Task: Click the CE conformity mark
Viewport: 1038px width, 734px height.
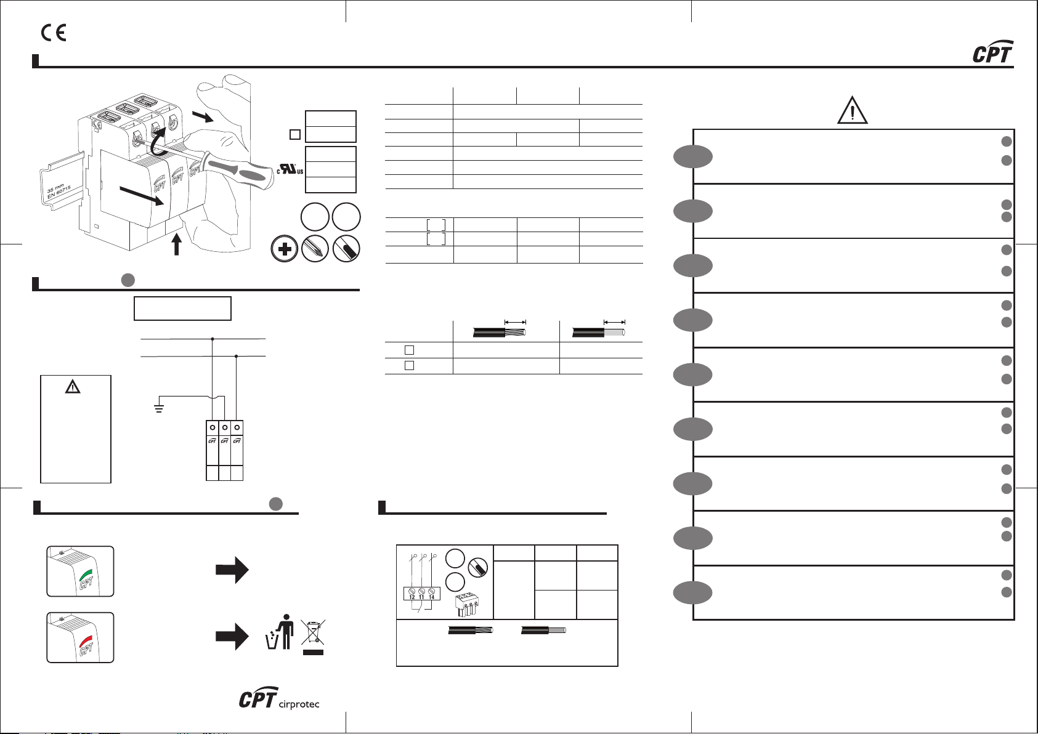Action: (54, 33)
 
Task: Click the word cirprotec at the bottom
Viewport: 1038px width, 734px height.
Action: (299, 704)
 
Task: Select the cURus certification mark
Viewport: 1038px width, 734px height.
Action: (290, 168)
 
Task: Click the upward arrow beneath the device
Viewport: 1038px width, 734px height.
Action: (177, 245)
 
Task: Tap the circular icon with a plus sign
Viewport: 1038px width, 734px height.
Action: (285, 249)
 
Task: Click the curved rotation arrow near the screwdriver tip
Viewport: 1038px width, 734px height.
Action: (159, 139)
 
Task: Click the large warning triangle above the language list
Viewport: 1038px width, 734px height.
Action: (853, 111)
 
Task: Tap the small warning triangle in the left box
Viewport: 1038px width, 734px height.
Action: (73, 387)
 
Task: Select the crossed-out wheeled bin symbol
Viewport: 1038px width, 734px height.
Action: (313, 634)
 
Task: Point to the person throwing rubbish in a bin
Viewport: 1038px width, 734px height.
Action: (280, 632)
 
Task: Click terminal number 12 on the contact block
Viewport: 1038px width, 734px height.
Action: (412, 596)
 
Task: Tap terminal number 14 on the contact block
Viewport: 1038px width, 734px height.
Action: (431, 596)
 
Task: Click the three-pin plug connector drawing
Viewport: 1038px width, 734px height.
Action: (468, 605)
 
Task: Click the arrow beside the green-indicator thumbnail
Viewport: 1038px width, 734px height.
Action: (232, 570)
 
